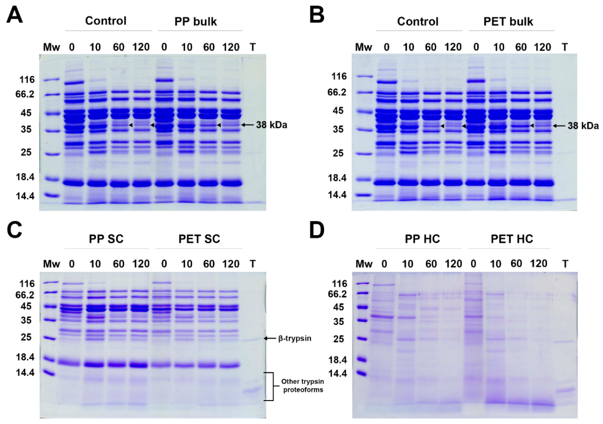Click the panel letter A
15,15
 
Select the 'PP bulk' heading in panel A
196,22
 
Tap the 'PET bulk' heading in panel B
508,22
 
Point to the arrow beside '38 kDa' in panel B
559,126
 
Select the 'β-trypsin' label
295,338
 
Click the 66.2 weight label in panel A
25,94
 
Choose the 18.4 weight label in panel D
338,360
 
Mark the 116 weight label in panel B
339,76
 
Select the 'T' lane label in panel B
565,47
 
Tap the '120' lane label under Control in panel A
141,47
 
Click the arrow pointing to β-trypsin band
270,338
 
